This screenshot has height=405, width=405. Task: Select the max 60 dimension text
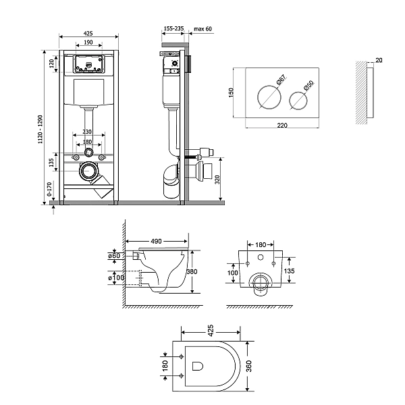click(203, 29)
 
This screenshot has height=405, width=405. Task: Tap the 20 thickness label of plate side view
click(378, 60)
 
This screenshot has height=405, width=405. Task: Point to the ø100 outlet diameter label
click(115, 278)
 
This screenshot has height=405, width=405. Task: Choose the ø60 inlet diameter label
click(115, 255)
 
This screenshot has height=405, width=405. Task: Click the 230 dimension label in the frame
click(88, 132)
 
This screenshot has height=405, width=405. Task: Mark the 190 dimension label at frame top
click(88, 42)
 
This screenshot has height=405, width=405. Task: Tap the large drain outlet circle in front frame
click(88, 171)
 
